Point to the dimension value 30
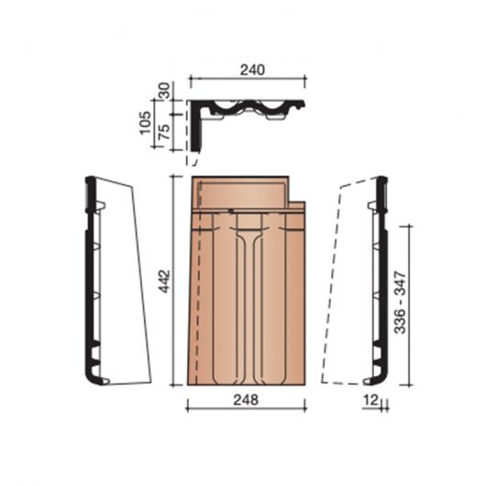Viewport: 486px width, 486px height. pos(165,92)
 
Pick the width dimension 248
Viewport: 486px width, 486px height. pos(247,400)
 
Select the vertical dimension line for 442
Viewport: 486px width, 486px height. pos(172,280)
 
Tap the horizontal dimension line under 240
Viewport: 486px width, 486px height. pos(247,80)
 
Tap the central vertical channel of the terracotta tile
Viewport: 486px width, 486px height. pos(246,303)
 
